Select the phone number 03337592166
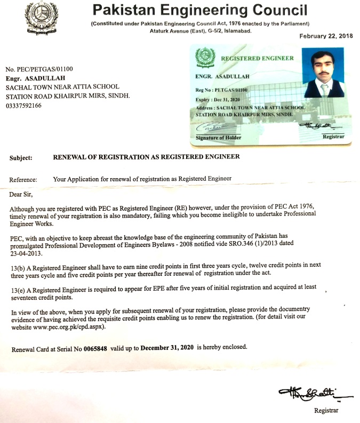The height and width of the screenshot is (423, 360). [x=24, y=106]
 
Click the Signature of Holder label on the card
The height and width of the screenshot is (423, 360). [x=219, y=138]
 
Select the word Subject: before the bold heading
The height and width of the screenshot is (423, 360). [x=21, y=157]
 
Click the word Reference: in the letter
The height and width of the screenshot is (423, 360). [x=23, y=180]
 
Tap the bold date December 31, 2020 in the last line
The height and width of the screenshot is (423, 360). [x=168, y=347]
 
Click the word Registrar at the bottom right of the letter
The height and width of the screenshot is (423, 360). [x=326, y=411]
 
